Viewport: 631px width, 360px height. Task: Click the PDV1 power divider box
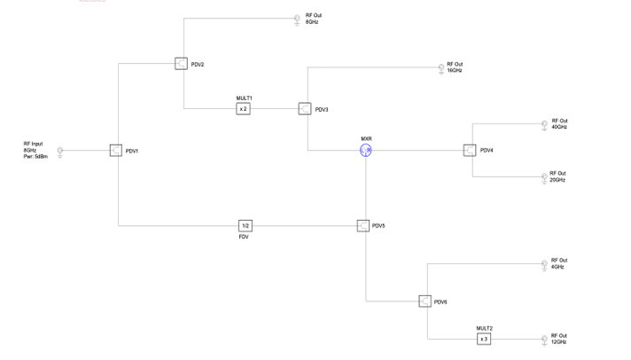pos(116,151)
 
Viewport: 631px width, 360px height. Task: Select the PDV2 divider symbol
pos(182,64)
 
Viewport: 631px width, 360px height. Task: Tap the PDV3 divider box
pos(305,108)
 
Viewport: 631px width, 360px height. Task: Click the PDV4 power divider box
pos(470,151)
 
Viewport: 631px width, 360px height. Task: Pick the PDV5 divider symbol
pos(363,226)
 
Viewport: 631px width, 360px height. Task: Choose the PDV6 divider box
pos(425,301)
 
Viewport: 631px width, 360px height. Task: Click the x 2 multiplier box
pos(244,108)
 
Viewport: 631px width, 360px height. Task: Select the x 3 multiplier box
pos(484,339)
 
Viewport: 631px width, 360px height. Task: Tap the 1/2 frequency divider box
pos(245,226)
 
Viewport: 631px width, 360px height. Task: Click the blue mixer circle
pos(366,151)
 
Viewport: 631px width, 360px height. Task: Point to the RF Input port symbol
pos(60,153)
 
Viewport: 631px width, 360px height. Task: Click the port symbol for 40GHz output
pos(544,126)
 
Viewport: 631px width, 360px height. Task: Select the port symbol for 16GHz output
pos(440,68)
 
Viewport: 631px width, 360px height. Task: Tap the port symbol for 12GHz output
pos(544,340)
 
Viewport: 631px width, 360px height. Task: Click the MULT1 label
pos(244,98)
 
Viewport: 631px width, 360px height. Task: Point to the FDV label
pos(244,238)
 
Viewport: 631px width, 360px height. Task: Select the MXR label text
pos(366,139)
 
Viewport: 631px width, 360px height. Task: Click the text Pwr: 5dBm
pos(35,156)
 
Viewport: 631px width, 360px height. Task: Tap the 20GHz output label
pos(557,180)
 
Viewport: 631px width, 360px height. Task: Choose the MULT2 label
pos(484,328)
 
